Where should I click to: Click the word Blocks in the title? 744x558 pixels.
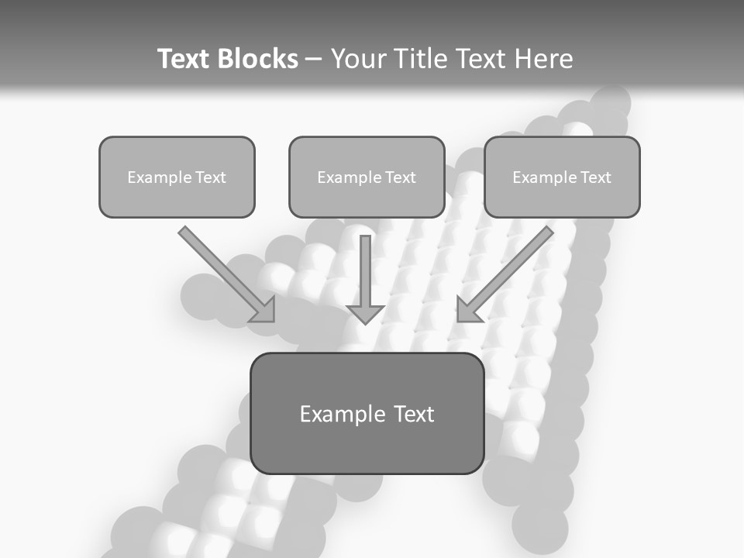[257, 59]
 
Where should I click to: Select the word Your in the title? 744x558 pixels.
[355, 59]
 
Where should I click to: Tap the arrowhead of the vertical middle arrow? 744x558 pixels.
[365, 312]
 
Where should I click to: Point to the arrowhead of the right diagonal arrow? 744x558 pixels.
[467, 310]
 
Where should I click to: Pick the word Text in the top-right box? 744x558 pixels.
[595, 177]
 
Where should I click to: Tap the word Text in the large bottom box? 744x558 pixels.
[414, 414]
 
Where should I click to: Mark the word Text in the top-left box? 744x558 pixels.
[211, 177]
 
